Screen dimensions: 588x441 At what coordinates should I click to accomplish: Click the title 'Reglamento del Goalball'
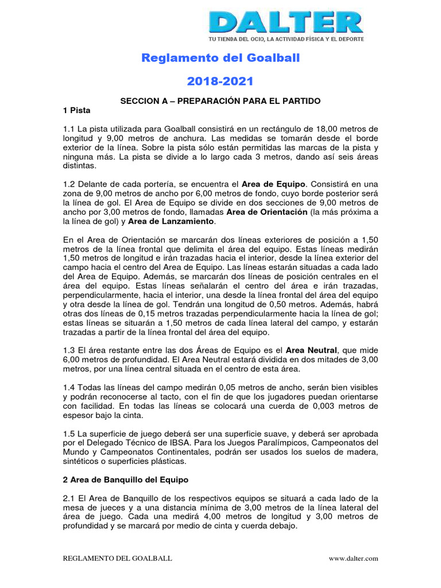tap(220, 58)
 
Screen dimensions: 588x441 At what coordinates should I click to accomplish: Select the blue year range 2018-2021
tap(220, 82)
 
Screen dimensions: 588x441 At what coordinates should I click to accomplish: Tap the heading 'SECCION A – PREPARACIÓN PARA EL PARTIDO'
tap(220, 100)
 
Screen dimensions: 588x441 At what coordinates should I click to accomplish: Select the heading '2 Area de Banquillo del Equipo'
tap(125, 480)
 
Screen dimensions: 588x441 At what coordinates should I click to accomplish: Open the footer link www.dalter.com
tap(353, 558)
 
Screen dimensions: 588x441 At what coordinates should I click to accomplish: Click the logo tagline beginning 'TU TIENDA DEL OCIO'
tap(285, 39)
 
